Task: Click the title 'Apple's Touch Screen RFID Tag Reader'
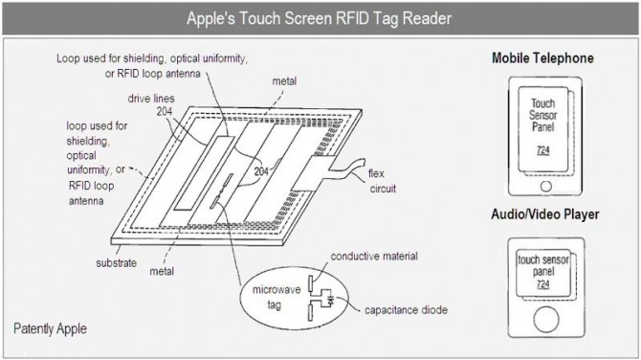click(x=319, y=18)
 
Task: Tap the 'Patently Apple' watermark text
click(x=50, y=328)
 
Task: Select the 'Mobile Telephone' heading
click(x=542, y=57)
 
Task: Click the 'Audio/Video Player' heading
click(x=545, y=214)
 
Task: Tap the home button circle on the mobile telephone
click(x=545, y=186)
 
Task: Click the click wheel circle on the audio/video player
click(x=546, y=320)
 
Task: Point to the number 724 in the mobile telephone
click(x=542, y=150)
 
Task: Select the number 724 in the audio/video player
click(x=542, y=284)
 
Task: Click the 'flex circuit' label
click(x=383, y=181)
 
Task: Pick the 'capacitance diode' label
click(x=406, y=310)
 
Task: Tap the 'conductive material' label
click(x=374, y=256)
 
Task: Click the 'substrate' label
click(x=116, y=262)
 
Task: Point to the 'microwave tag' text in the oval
click(x=276, y=297)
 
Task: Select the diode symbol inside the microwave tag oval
click(x=330, y=301)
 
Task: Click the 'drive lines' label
click(x=151, y=99)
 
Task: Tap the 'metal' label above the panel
click(x=284, y=81)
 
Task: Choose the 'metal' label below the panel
click(x=162, y=271)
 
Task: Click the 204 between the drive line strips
click(x=261, y=171)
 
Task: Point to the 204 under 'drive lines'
click(x=165, y=111)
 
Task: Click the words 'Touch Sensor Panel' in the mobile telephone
click(x=542, y=115)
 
